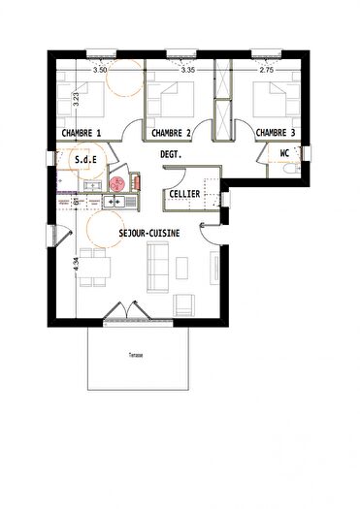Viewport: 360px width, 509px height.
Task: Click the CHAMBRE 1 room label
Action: point(82,133)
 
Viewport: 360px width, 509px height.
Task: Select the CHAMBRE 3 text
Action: point(277,133)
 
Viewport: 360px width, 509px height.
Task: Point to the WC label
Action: point(285,153)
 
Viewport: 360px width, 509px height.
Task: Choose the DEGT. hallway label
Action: point(172,153)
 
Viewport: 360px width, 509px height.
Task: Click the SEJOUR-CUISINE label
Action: point(147,235)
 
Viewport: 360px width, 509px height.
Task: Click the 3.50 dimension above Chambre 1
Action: point(99,70)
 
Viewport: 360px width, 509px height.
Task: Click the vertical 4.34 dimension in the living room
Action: point(76,260)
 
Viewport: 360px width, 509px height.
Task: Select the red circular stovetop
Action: point(117,182)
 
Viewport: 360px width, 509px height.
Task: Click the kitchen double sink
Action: point(115,202)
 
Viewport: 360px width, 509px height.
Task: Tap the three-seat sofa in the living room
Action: point(155,266)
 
